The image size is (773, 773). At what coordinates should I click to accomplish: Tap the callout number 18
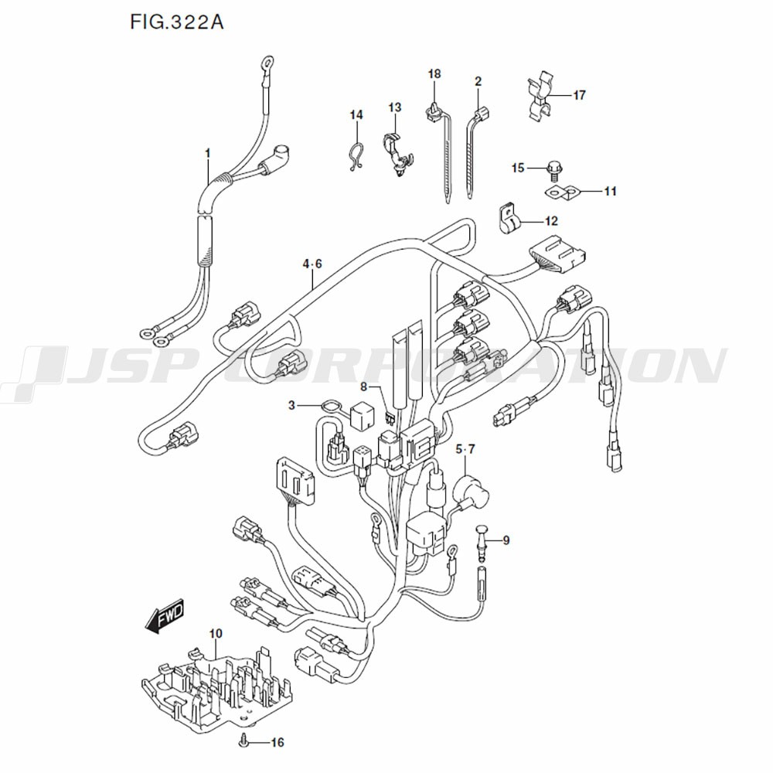[434, 73]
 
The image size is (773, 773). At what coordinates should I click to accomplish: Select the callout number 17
[579, 95]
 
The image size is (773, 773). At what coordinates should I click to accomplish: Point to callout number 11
[611, 191]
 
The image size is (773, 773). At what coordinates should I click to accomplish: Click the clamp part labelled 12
[507, 217]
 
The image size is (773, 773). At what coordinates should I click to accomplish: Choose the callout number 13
[395, 107]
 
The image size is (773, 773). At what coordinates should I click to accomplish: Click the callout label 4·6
[312, 264]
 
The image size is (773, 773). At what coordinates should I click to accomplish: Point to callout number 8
[363, 384]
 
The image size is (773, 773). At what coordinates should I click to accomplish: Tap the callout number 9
[506, 540]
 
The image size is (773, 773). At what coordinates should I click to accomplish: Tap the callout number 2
[478, 81]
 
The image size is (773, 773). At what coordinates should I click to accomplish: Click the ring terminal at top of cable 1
[266, 61]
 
